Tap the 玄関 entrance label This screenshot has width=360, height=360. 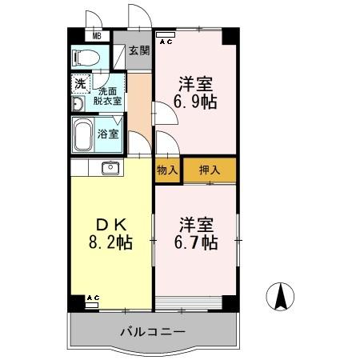pyautogui.click(x=139, y=50)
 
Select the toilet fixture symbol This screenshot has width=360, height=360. pyautogui.click(x=85, y=56)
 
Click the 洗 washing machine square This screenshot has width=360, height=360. pyautogui.click(x=81, y=82)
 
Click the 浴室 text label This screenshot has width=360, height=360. pyautogui.click(x=108, y=134)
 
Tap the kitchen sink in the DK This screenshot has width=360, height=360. pyautogui.click(x=110, y=167)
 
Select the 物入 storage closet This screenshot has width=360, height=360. pyautogui.click(x=166, y=170)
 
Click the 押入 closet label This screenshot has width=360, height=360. pyautogui.click(x=209, y=170)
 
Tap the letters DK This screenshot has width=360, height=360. pyautogui.click(x=110, y=224)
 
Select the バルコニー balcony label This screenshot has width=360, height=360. pyautogui.click(x=153, y=330)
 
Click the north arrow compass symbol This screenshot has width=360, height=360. pyautogui.click(x=281, y=298)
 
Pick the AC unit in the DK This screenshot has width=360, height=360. pyautogui.click(x=92, y=300)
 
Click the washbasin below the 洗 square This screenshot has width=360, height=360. pyautogui.click(x=78, y=106)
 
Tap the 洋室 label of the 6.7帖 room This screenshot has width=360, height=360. pyautogui.click(x=197, y=224)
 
